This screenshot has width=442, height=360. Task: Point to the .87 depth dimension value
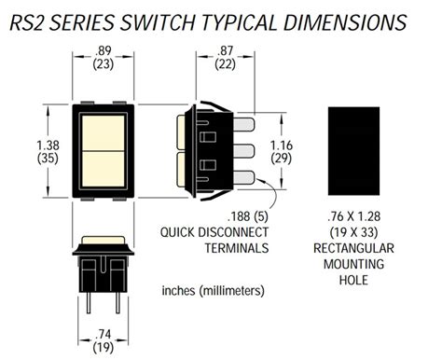click(226, 54)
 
